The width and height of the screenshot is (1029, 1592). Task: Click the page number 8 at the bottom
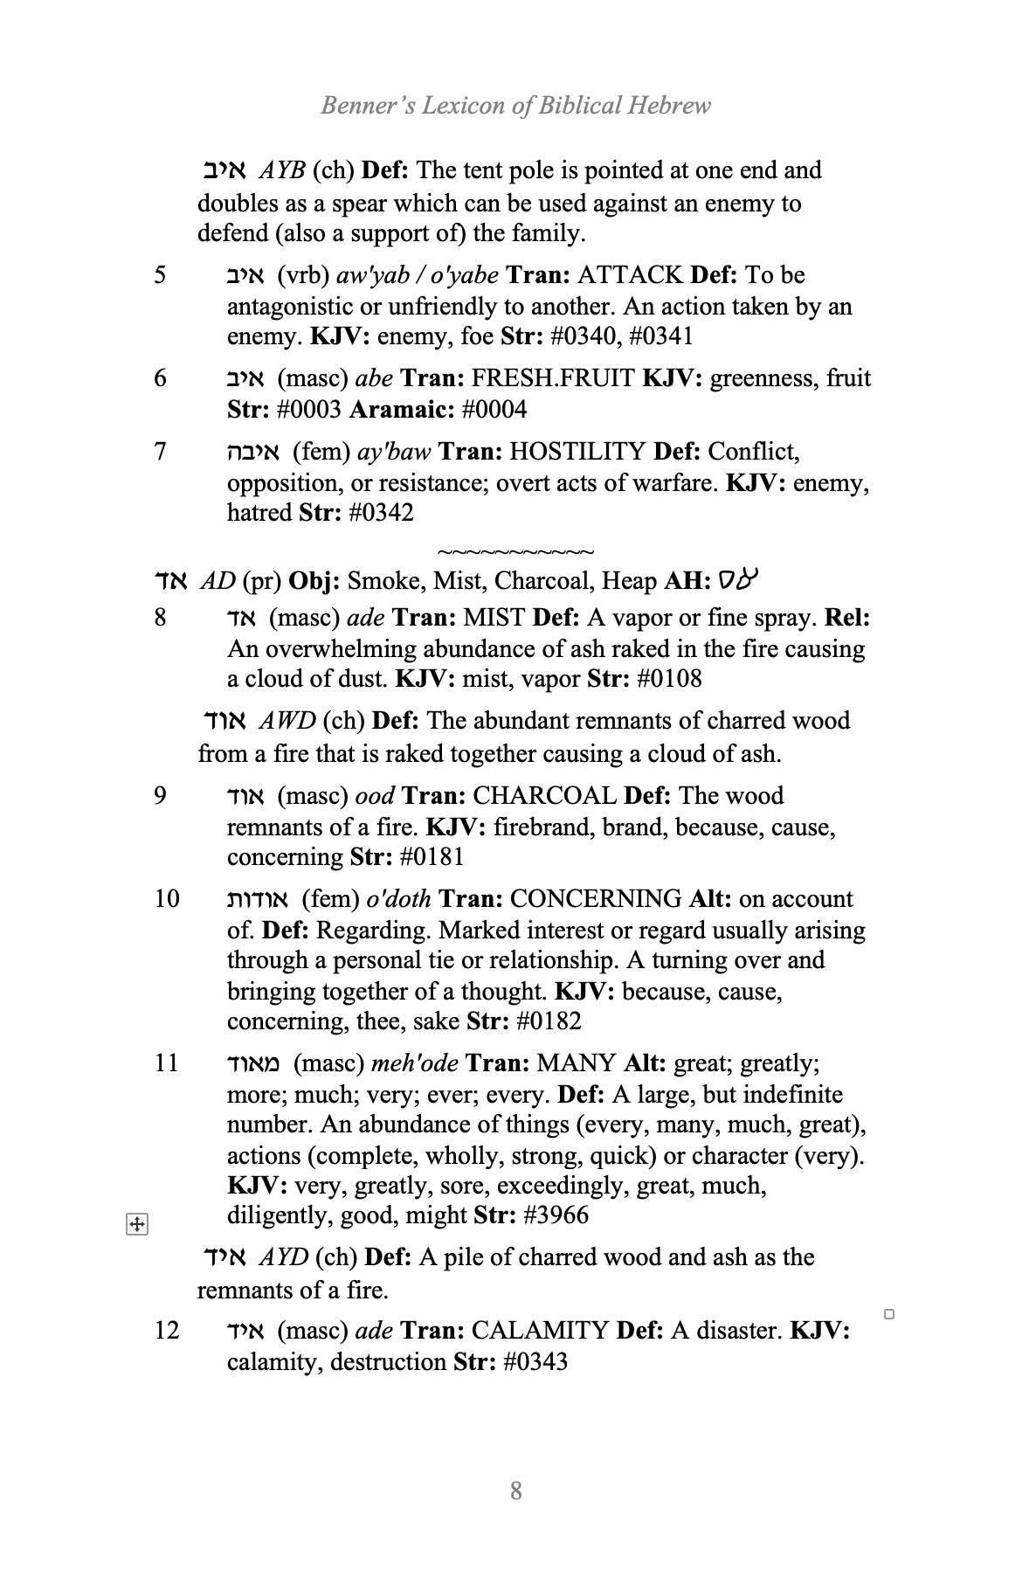(515, 1490)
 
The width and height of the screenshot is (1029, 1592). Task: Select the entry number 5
(160, 275)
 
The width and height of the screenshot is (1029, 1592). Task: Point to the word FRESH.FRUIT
(553, 378)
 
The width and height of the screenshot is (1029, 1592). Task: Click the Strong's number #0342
(381, 513)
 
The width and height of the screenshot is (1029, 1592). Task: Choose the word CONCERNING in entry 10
(596, 899)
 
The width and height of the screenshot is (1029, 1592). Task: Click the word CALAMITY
(540, 1331)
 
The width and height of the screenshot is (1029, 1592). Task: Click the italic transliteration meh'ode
(414, 1063)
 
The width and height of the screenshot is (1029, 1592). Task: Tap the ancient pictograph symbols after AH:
(737, 579)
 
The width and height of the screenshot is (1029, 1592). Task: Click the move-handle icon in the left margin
(136, 1225)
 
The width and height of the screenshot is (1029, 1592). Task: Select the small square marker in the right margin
(889, 1313)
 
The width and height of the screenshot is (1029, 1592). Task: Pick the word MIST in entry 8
(494, 618)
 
